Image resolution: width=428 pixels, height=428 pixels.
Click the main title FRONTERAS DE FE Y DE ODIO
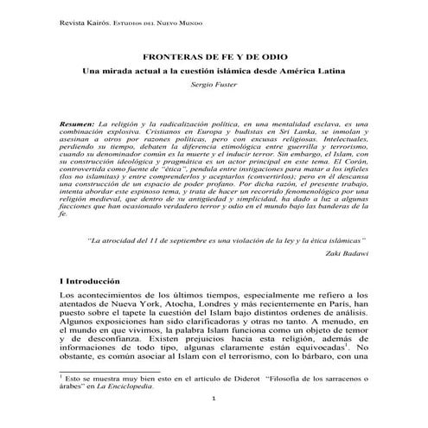[214, 52]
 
